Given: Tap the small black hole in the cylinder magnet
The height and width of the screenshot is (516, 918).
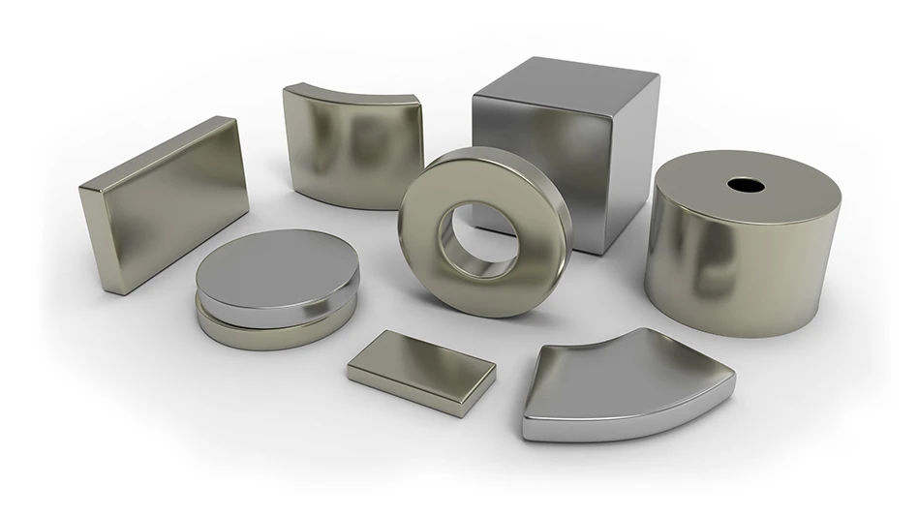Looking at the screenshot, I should (x=746, y=184).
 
